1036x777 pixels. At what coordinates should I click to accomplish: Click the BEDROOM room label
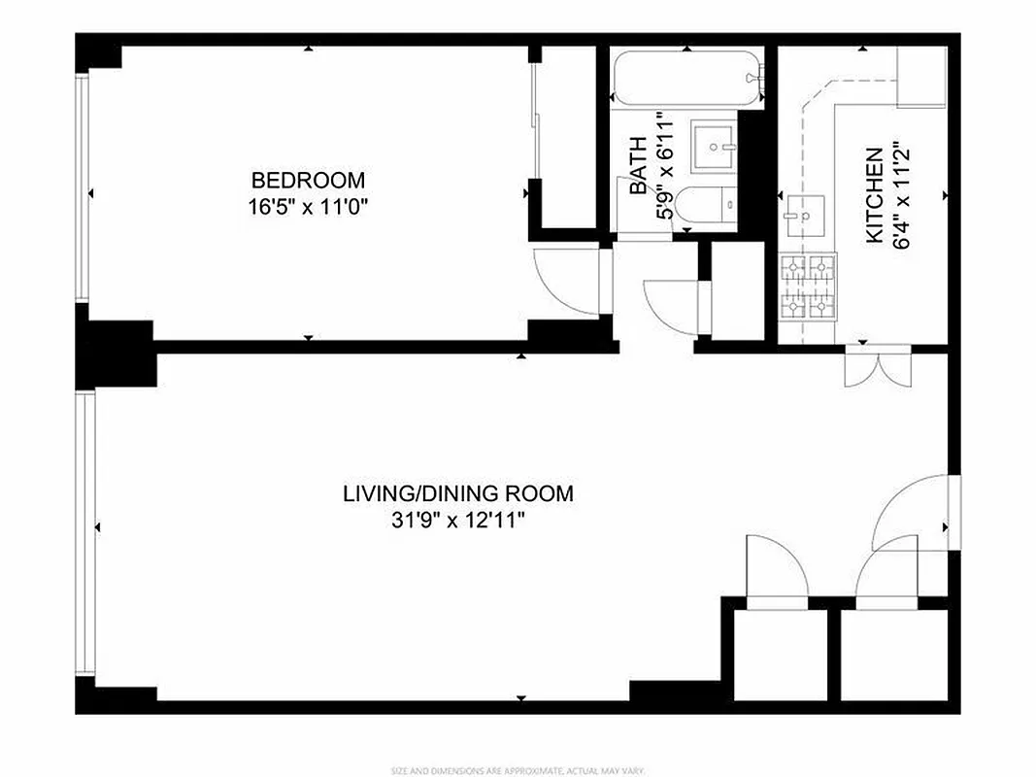click(308, 180)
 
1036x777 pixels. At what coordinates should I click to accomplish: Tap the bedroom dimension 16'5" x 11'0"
click(308, 206)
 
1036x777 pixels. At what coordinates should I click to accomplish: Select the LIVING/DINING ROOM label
click(457, 492)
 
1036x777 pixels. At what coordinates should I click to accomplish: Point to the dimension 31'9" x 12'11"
click(457, 520)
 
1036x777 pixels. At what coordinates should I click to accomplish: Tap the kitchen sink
click(803, 211)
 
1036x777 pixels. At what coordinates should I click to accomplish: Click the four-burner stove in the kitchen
click(809, 287)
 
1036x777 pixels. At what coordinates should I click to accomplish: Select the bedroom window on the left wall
click(84, 189)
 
